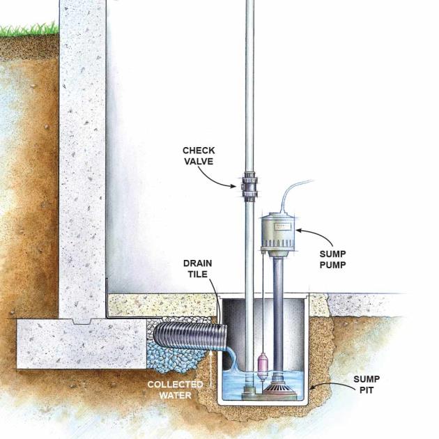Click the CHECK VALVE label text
(x=199, y=156)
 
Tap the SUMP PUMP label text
(x=332, y=259)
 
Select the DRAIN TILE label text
(x=198, y=269)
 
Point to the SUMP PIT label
(x=367, y=385)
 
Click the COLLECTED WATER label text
(x=176, y=390)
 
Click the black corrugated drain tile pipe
(x=190, y=335)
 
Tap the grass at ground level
(x=29, y=30)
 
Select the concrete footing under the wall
(x=82, y=344)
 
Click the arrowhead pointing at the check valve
(x=233, y=185)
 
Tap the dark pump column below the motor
(x=278, y=316)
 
